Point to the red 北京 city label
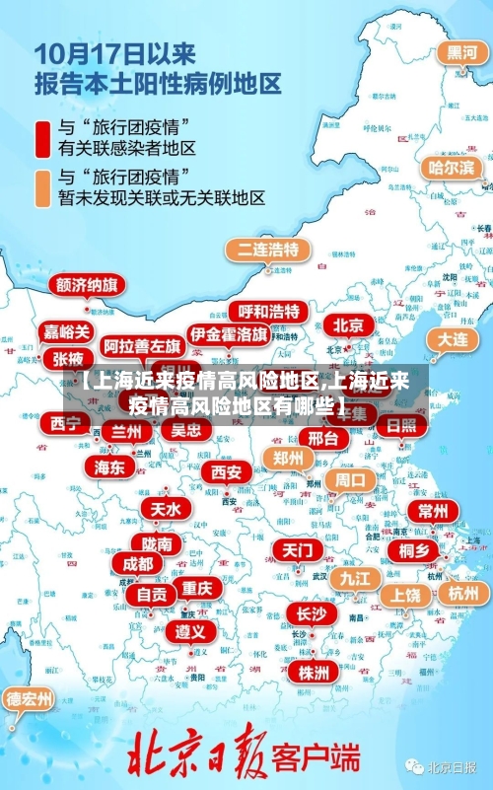pyautogui.click(x=348, y=325)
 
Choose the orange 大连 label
pyautogui.click(x=453, y=338)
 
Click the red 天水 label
pyautogui.click(x=166, y=508)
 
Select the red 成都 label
pyautogui.click(x=138, y=563)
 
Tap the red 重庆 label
pyautogui.click(x=197, y=587)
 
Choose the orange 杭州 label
pyautogui.click(x=462, y=593)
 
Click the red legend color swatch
pyautogui.click(x=42, y=138)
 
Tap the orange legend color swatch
pyautogui.click(x=42, y=187)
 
